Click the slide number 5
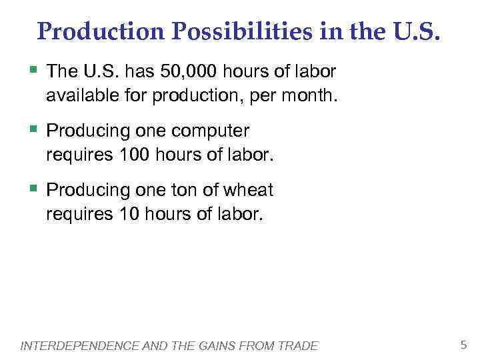pos(464,345)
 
